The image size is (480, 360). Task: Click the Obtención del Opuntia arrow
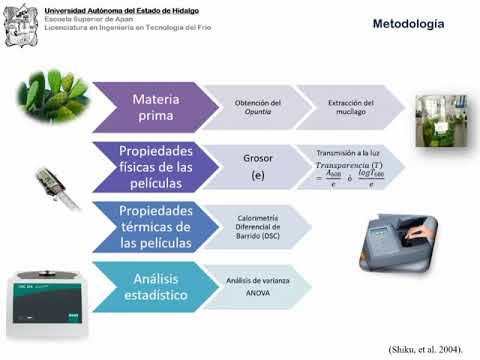coord(253,108)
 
